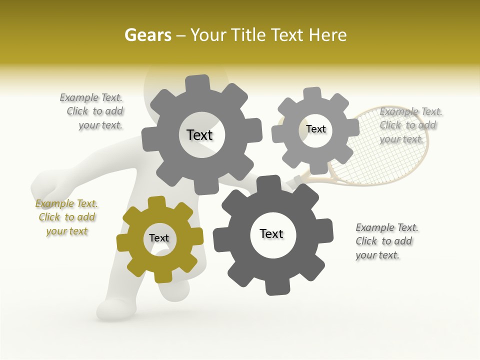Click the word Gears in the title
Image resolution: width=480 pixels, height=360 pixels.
click(x=147, y=35)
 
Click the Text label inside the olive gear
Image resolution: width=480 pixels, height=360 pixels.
click(x=159, y=238)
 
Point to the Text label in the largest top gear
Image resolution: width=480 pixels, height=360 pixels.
click(x=199, y=135)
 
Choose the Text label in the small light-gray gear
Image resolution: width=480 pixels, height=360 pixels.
click(x=315, y=129)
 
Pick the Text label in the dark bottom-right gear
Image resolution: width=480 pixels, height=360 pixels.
click(x=271, y=233)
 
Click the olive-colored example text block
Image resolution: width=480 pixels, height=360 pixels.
click(x=66, y=217)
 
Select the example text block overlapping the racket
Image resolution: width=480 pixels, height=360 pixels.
click(x=410, y=125)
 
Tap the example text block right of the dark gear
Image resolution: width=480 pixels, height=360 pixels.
click(x=386, y=241)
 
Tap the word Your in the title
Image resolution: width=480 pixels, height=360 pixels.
click(x=204, y=35)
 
